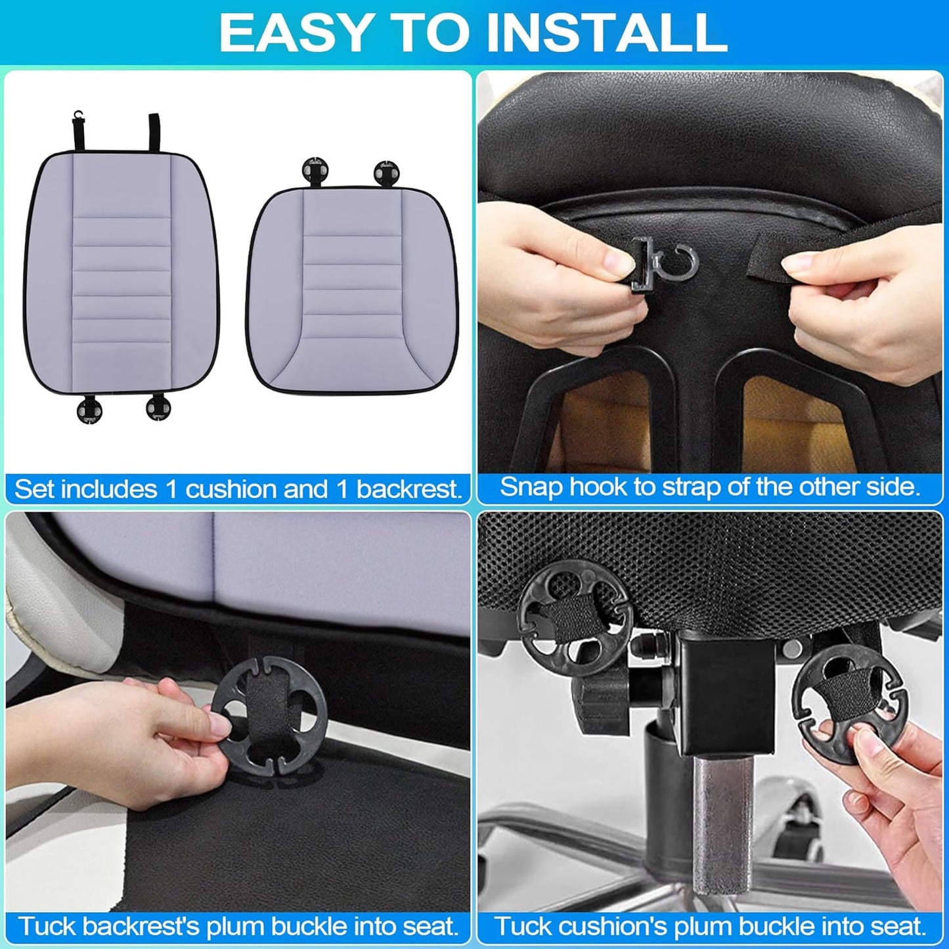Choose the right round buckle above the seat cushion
pyautogui.click(x=386, y=172)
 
